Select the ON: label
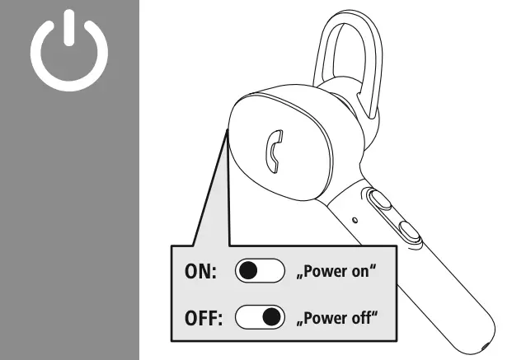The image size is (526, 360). (x=199, y=272)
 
